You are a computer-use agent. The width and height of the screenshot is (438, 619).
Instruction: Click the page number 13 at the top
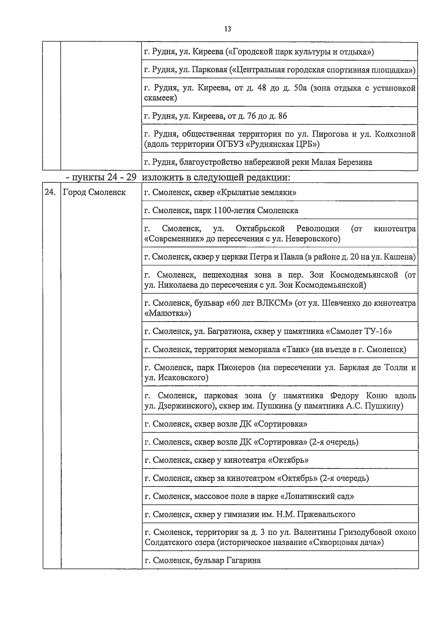coord(228,29)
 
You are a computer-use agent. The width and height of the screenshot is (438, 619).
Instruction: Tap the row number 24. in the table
coord(50,192)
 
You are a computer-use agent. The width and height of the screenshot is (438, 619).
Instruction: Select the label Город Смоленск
coord(94,192)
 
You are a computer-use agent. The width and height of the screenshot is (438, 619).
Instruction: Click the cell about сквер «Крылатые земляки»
coord(220,192)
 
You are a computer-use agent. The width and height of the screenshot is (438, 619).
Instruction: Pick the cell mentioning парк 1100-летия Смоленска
coord(221,211)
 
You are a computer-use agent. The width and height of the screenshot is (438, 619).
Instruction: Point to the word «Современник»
coord(171,239)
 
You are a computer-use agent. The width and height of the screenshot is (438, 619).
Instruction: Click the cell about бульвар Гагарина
coord(203,560)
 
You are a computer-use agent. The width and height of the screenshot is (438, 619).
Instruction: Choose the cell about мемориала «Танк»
coord(275,350)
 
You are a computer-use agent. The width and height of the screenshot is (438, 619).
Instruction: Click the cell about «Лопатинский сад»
coord(249,496)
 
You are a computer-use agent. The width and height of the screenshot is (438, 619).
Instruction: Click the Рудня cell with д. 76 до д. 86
coord(216,116)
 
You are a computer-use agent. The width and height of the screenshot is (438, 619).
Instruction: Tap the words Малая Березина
coord(341,162)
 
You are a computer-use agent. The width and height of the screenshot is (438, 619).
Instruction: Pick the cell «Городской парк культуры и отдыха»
coord(259,51)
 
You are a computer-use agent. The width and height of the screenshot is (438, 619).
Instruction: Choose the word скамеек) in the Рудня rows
coord(161,98)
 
